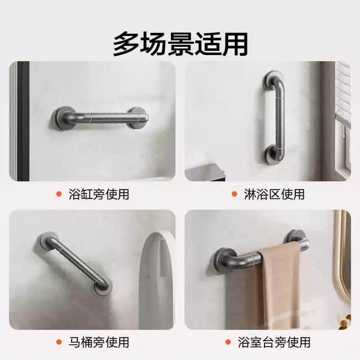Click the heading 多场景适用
coord(180,44)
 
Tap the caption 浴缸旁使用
coord(99,194)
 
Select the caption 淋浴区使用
coord(274,194)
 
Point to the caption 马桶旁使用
coord(99,342)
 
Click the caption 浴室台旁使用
coord(274,342)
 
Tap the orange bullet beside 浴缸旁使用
coord(59,194)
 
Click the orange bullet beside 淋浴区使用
coord(234,194)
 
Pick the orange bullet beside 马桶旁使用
coord(59,342)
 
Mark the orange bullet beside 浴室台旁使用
coord(228,342)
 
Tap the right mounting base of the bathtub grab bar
coord(138,117)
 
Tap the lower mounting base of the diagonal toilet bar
coord(103,287)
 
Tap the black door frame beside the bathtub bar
coord(23,121)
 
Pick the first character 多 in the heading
coord(126,44)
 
